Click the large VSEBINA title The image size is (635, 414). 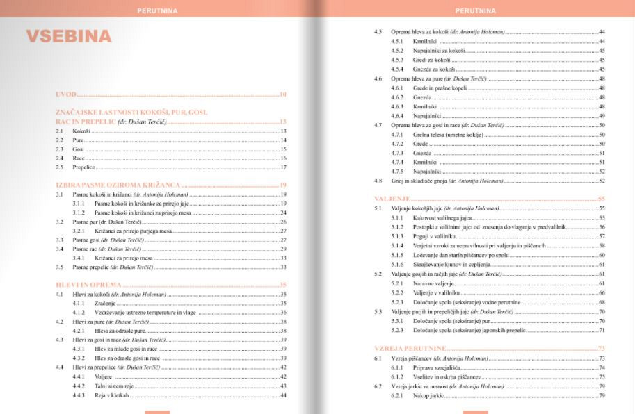69,37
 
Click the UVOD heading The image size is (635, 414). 66,94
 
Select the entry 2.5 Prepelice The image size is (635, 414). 84,167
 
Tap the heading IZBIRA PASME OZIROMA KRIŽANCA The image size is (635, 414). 118,185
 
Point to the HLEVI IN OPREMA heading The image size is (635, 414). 88,284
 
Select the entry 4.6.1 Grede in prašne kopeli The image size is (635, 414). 444,88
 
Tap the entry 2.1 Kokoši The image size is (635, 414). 81,131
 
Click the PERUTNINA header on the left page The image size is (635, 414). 158,10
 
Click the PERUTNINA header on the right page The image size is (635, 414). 476,10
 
